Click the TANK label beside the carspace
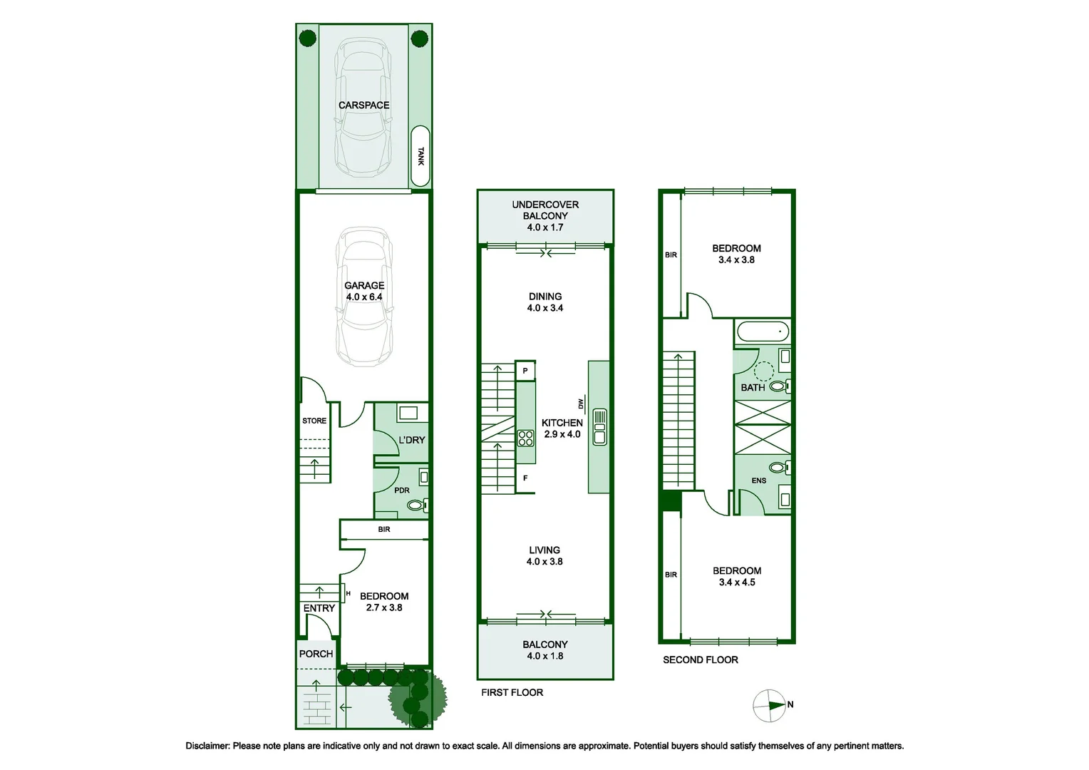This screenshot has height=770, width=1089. tap(420, 156)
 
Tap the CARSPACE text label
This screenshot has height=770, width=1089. tap(363, 105)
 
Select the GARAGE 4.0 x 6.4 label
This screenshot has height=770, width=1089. tap(364, 291)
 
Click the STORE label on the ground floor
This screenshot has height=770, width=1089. tap(314, 421)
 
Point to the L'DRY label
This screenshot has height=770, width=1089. tap(411, 440)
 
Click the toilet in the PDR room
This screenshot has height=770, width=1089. tap(416, 505)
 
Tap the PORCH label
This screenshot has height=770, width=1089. tap(316, 654)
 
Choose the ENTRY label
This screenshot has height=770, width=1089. tap(319, 608)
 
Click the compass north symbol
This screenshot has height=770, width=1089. tap(770, 705)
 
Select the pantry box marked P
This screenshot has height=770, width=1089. tap(525, 371)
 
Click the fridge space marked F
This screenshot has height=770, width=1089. tap(525, 478)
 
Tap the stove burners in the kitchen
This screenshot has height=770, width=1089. tap(525, 438)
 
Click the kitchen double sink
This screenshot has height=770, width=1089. tap(600, 426)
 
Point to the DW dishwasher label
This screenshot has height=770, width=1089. tap(581, 404)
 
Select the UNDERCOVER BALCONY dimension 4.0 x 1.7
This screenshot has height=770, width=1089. tap(545, 227)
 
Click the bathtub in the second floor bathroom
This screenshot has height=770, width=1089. tap(763, 332)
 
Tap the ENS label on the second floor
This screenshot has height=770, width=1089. tap(759, 481)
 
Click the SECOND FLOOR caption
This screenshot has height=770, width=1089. tap(701, 660)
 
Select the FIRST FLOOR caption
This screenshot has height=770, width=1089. tap(512, 692)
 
